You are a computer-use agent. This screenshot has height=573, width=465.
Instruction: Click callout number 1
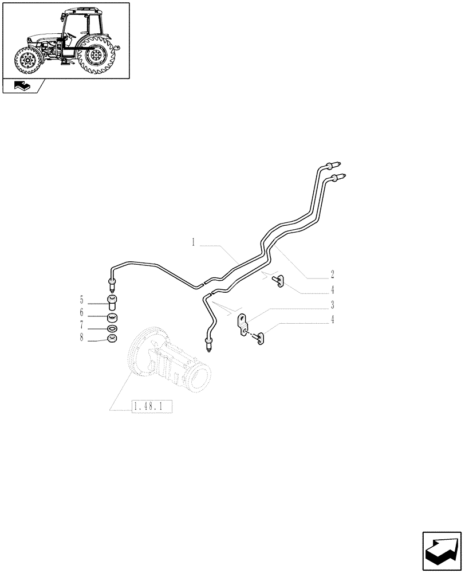194,243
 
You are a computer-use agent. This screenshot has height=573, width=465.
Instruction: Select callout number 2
332,274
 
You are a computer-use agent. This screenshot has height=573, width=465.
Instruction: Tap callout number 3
332,304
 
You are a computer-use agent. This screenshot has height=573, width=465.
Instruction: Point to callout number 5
81,300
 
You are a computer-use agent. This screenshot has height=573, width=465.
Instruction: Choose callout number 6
81,313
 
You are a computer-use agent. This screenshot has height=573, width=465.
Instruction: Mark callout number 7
81,326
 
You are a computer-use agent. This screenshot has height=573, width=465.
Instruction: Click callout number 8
81,339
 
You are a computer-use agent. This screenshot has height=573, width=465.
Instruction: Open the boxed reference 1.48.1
152,407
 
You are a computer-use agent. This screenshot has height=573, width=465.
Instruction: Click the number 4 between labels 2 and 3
332,289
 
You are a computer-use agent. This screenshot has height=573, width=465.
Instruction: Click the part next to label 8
112,339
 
